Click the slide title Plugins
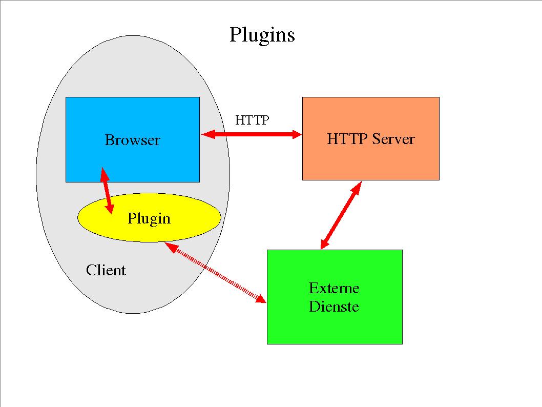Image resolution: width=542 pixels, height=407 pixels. [262, 35]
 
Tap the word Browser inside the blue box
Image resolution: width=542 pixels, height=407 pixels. [132, 140]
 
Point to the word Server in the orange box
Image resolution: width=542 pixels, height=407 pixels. [393, 139]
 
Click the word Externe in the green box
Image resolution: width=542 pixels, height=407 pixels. [334, 288]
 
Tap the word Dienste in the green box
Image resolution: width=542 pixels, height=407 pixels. [333, 307]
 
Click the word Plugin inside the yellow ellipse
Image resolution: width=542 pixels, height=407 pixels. [149, 218]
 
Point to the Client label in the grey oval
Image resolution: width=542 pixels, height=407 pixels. [106, 270]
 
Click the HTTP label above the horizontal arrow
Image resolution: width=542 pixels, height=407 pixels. [252, 120]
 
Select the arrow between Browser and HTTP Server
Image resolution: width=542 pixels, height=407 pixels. [251, 134]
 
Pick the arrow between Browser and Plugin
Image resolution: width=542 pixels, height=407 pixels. [107, 190]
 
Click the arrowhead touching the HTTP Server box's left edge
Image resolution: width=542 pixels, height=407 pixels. [297, 134]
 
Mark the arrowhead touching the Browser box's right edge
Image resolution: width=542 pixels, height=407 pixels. [206, 134]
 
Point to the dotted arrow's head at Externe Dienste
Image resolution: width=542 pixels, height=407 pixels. [262, 299]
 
